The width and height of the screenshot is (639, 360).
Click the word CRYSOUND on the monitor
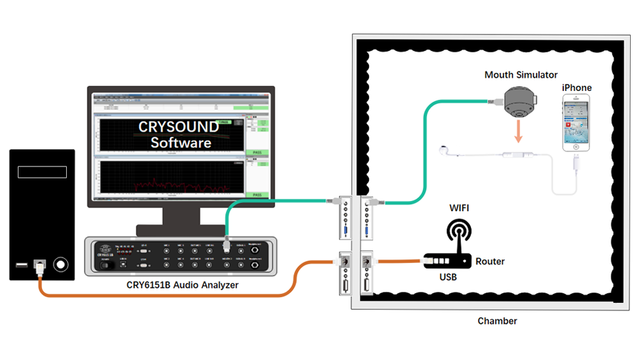click(x=178, y=127)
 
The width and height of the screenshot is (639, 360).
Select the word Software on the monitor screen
click(x=180, y=143)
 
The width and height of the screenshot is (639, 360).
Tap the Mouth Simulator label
click(x=521, y=74)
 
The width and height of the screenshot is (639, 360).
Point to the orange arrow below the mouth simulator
click(x=518, y=130)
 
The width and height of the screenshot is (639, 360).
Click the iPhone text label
click(x=576, y=87)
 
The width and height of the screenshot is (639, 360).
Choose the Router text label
click(x=490, y=262)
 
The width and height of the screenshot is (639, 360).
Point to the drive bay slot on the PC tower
click(x=42, y=172)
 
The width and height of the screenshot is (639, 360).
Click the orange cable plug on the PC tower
click(x=41, y=266)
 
